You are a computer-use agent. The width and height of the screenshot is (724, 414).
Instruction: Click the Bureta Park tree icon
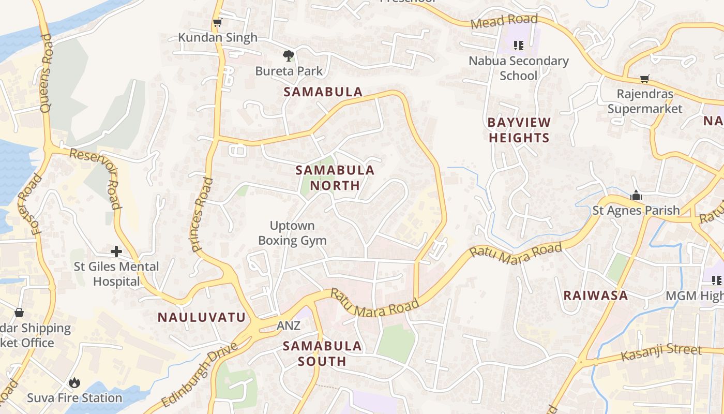point(289,55)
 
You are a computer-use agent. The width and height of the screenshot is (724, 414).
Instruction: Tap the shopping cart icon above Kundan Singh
point(217,23)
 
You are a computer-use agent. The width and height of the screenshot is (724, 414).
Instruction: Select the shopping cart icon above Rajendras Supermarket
point(644,79)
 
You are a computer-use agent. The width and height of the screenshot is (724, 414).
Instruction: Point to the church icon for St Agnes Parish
point(636,196)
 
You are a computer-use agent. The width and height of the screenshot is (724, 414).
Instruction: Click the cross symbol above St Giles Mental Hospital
point(116,252)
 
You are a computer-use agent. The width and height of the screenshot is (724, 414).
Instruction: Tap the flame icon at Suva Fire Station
point(74,383)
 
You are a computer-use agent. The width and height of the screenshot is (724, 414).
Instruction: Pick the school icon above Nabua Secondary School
point(519,46)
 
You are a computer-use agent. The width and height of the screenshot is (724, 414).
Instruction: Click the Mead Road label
point(504,22)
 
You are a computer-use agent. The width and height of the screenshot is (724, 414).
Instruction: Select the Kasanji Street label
point(661,352)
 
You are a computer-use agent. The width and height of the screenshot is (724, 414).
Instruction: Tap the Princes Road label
point(202,214)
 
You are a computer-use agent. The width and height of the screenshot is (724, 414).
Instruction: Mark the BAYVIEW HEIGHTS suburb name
point(519,130)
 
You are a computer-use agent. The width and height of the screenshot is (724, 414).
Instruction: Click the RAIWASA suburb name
point(595,295)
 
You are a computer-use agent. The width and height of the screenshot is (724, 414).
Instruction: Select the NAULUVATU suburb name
point(201,317)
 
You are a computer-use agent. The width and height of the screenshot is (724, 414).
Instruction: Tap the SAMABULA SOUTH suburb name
point(322,353)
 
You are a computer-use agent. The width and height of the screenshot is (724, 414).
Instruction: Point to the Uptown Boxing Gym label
point(292,233)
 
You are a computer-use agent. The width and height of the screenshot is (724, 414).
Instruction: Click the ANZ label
point(288,326)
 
